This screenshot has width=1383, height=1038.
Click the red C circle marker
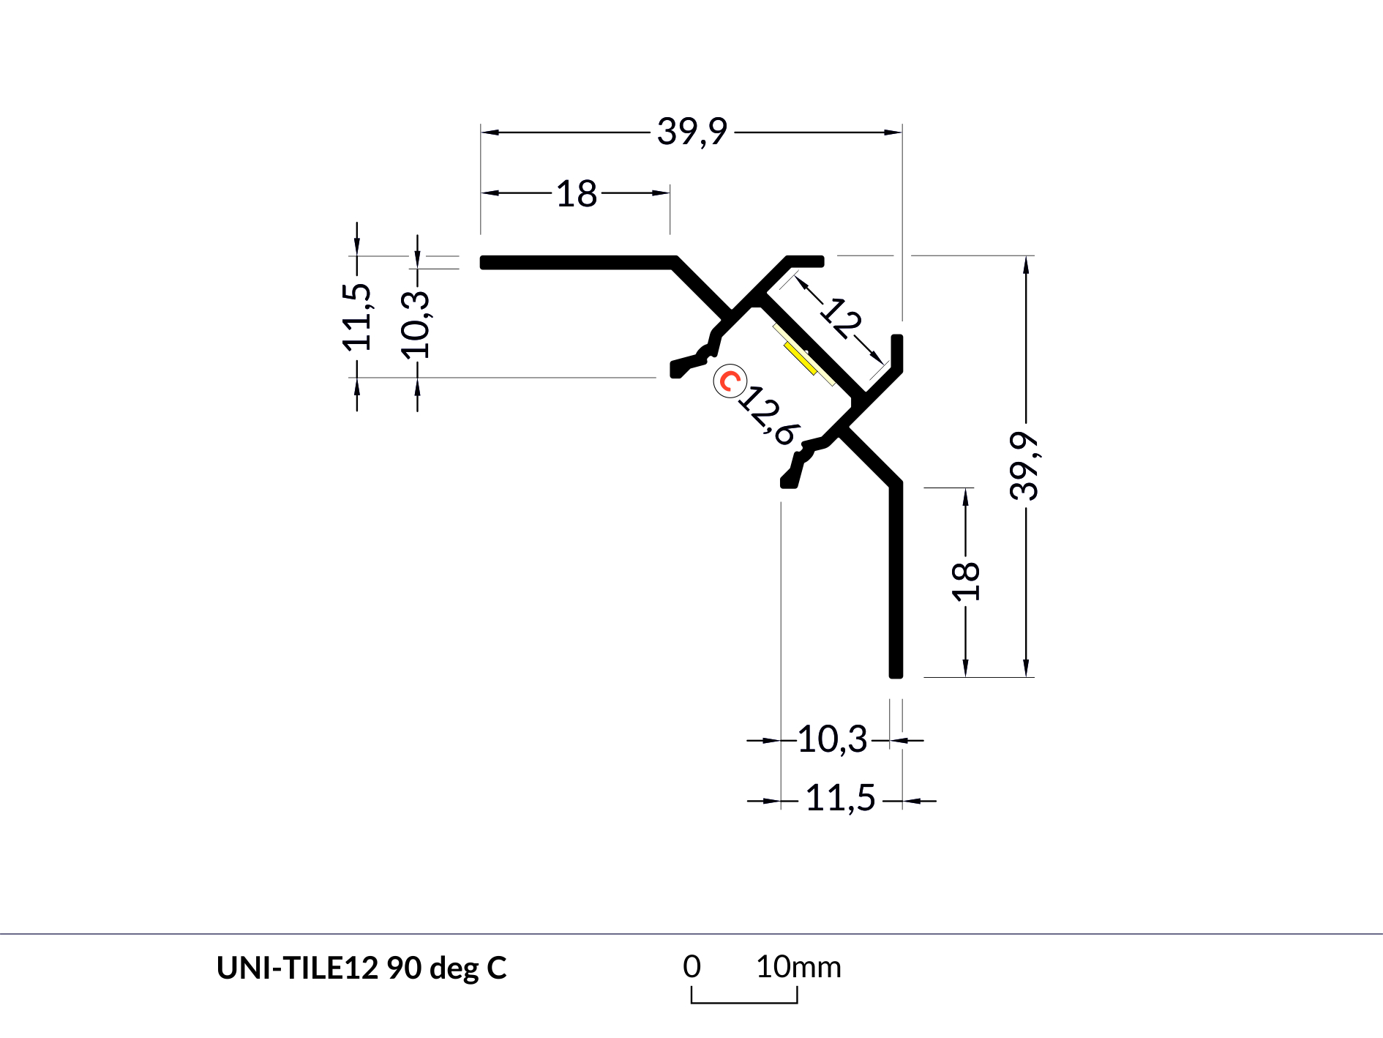(730, 381)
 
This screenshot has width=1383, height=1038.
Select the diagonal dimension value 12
(842, 318)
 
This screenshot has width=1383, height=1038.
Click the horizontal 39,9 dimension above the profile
(691, 132)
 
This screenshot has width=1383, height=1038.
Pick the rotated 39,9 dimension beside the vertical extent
(1024, 466)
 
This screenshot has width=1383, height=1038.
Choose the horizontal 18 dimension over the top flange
(577, 194)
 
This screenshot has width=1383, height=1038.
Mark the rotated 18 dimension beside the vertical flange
(966, 580)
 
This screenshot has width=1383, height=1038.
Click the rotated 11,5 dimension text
(357, 316)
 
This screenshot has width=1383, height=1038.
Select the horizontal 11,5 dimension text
(840, 798)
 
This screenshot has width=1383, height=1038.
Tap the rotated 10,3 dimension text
(416, 324)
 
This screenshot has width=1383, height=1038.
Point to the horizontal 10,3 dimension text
(832, 739)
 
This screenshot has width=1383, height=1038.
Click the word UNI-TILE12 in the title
(297, 968)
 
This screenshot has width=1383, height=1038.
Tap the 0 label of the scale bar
(691, 967)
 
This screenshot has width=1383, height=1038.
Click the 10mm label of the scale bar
(798, 967)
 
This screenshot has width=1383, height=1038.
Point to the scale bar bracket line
(744, 1001)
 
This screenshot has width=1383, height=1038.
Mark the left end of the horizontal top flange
(482, 262)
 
